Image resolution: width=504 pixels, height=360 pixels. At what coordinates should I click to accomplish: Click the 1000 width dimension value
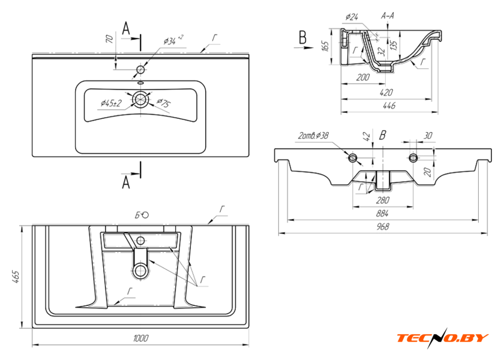[x=141, y=340]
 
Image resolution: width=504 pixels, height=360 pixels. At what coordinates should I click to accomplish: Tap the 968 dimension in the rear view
[x=383, y=227]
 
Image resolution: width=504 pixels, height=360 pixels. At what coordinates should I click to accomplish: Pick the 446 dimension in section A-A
[x=389, y=106]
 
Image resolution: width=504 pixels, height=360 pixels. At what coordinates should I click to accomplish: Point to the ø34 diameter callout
[x=173, y=41]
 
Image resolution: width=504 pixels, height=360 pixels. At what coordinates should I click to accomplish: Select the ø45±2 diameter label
[x=111, y=103]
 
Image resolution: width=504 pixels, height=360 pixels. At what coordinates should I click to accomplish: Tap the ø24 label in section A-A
[x=352, y=17]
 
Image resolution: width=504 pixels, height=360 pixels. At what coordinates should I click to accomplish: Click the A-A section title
[x=387, y=16]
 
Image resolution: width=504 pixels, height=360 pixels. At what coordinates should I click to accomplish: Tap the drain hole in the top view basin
[x=141, y=100]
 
